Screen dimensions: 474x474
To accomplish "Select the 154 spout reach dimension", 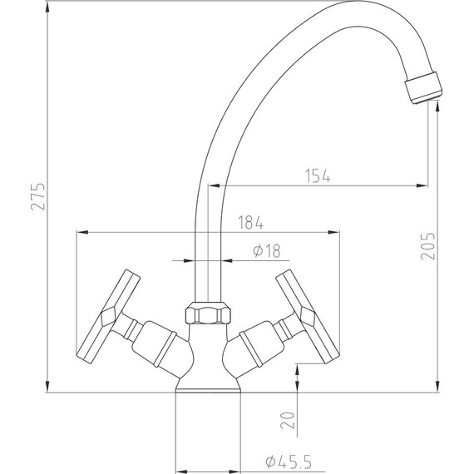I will [x=317, y=175].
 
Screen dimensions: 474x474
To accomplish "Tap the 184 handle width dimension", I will [x=250, y=222].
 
